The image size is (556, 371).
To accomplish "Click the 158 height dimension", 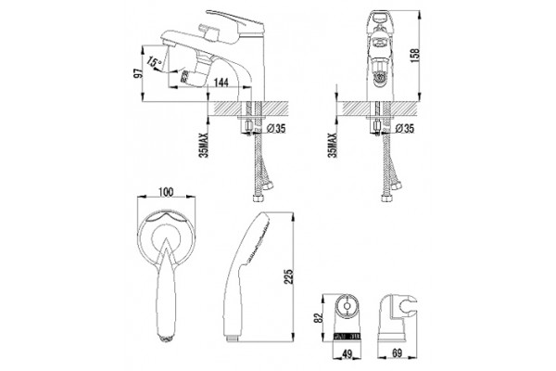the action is pyautogui.click(x=415, y=56).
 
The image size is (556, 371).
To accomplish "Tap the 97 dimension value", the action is pyautogui.click(x=138, y=72).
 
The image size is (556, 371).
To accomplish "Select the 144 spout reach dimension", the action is pyautogui.click(x=221, y=83).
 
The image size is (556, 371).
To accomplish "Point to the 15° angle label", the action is pyautogui.click(x=154, y=62).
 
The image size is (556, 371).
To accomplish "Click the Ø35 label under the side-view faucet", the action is pyautogui.click(x=276, y=129).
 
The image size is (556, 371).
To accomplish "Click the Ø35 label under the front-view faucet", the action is pyautogui.click(x=405, y=129).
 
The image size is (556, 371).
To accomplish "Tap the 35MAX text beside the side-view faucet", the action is pyautogui.click(x=204, y=146).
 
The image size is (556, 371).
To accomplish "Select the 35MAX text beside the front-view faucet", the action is pyautogui.click(x=333, y=146).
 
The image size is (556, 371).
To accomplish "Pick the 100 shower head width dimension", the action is pyautogui.click(x=166, y=192).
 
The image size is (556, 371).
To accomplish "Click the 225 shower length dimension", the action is pyautogui.click(x=289, y=276).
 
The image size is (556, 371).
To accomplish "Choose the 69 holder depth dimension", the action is pyautogui.click(x=398, y=353).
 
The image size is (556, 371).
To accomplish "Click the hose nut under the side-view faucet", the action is pyautogui.click(x=259, y=198).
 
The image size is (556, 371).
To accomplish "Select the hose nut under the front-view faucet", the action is pyautogui.click(x=386, y=198).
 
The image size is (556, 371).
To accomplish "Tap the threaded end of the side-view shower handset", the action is pyautogui.click(x=231, y=339).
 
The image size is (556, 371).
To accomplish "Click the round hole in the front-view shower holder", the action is pyautogui.click(x=347, y=306).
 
